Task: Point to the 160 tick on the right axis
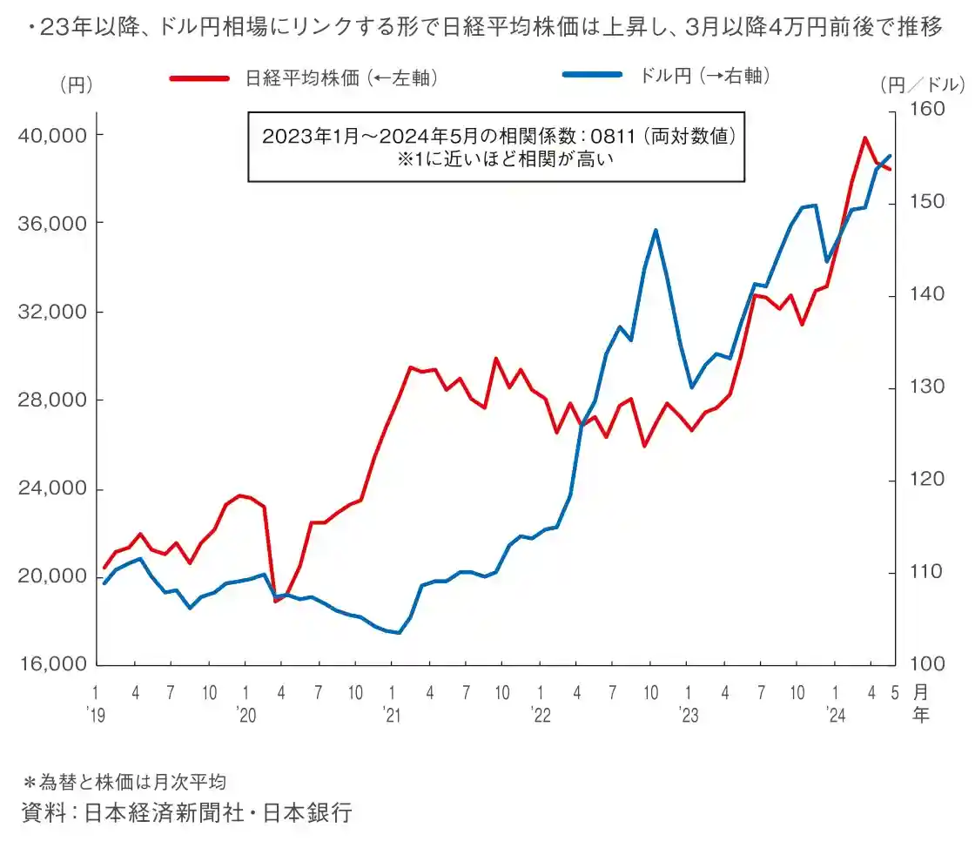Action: pos(928,110)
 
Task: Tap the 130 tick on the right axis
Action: pos(928,387)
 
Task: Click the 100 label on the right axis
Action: pos(928,664)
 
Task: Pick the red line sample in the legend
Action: pos(199,78)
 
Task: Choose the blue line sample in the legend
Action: pos(592,76)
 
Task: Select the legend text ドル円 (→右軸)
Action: pos(706,76)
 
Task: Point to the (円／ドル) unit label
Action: pos(923,85)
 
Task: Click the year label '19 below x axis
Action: pos(96,716)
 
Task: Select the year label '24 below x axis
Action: pos(837,716)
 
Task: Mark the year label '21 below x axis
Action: pos(393,716)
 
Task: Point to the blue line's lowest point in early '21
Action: pos(399,632)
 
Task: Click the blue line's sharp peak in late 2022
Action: pos(655,231)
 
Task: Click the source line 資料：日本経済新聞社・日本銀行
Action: pos(187,812)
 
